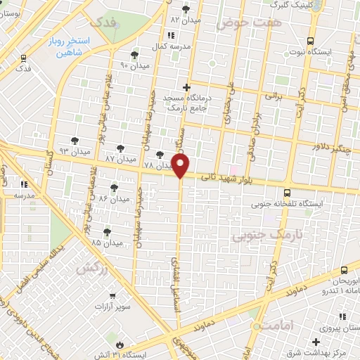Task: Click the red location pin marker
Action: pos(181,166)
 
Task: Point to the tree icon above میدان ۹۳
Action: pos(75,141)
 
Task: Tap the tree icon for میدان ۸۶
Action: pos(114,188)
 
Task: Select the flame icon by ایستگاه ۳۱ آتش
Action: pos(120,345)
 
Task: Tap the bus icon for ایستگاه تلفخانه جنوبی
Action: pos(287,192)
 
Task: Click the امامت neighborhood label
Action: pos(267,326)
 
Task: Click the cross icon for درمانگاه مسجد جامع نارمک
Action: pos(186,87)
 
